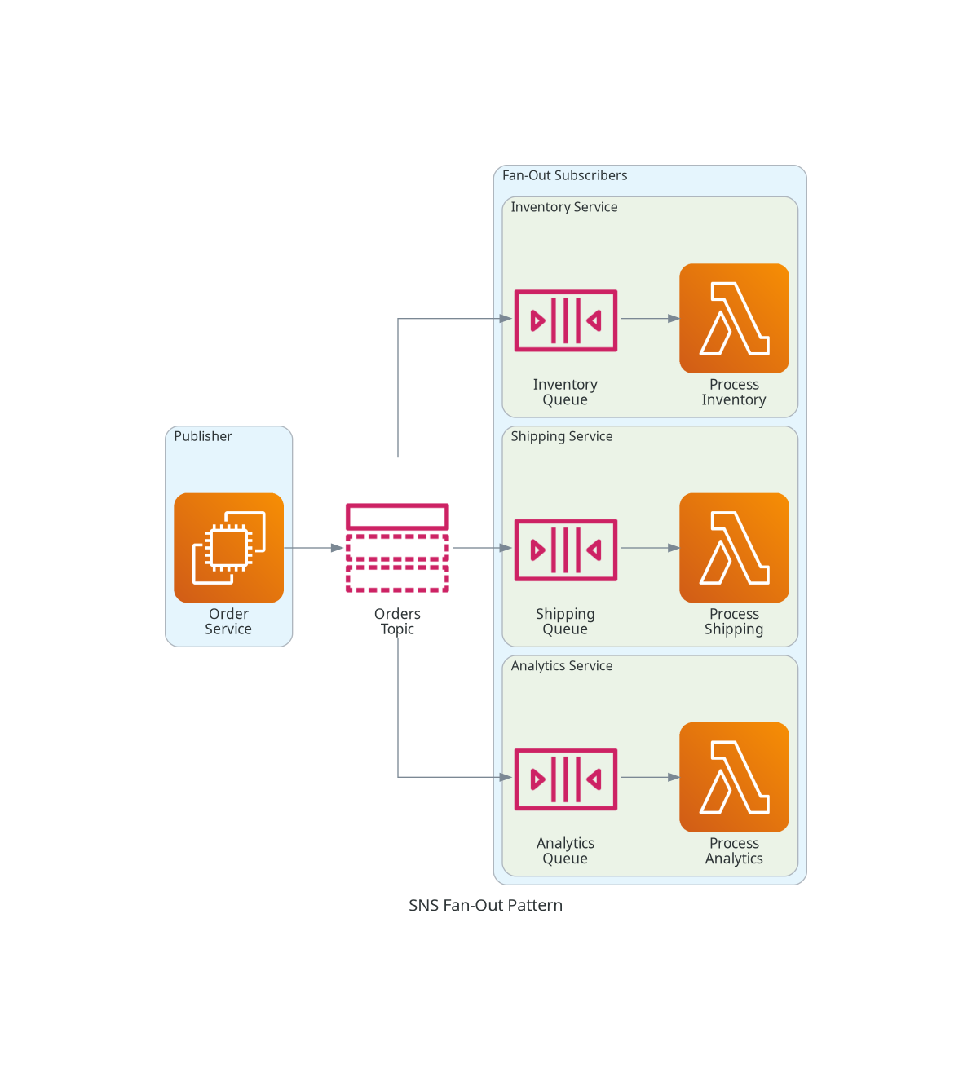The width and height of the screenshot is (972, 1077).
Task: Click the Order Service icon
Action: coord(229,548)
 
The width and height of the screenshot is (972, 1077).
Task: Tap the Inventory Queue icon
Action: coord(565,320)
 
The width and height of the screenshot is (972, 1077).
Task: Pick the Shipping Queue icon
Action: coord(565,550)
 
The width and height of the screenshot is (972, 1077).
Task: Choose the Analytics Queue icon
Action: coord(565,779)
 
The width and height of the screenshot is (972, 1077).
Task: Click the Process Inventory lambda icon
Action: coord(734,319)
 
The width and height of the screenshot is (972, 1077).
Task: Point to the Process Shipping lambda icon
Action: coord(734,548)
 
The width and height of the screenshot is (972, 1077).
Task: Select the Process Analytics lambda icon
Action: coord(734,777)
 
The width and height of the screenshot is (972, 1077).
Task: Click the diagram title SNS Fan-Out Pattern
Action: coord(485,905)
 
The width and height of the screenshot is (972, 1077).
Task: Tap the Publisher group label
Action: coord(203,436)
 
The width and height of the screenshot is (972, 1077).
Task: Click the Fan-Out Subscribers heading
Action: coord(565,175)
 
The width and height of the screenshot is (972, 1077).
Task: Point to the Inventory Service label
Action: coord(564,207)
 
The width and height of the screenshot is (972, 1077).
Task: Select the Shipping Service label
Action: coord(562,436)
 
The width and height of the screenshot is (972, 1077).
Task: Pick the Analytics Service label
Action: coord(562,666)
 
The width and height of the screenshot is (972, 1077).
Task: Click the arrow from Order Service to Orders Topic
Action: coord(314,548)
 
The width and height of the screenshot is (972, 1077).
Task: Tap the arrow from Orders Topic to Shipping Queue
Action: coord(482,548)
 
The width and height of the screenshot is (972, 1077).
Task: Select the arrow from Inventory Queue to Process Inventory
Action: coord(651,319)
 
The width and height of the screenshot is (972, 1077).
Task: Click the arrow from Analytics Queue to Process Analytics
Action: coord(651,777)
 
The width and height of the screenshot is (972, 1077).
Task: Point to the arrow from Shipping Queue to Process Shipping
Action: coord(651,548)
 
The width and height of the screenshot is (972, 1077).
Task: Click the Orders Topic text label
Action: coord(397,621)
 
